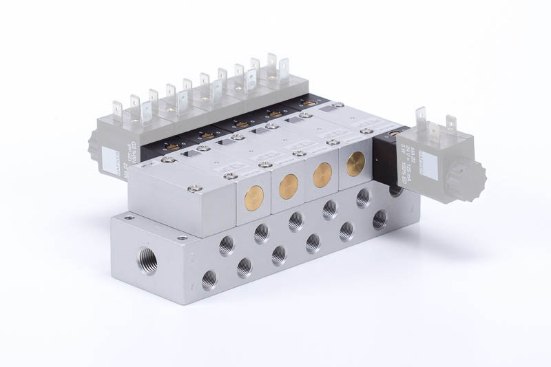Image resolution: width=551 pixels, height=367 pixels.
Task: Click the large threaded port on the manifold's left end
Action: [x=147, y=261]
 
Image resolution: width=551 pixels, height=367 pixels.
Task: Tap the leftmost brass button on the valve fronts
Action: [x=254, y=199]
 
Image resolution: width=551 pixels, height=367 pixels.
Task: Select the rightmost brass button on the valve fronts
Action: [x=356, y=165]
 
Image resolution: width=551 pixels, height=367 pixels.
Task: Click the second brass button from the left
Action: [x=289, y=187]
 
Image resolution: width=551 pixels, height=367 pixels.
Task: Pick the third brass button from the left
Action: [x=322, y=175]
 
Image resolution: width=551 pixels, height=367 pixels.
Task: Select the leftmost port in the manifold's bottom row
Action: [x=209, y=280]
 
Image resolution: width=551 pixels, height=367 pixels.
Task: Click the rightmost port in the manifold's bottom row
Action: [x=380, y=220]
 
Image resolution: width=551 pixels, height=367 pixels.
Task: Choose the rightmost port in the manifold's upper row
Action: [x=363, y=198]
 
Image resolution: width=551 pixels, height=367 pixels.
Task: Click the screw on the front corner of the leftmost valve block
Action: [x=196, y=186]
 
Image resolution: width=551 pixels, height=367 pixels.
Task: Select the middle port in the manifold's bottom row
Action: [x=279, y=255]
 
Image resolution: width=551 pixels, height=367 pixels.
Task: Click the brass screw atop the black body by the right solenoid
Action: [x=395, y=132]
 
